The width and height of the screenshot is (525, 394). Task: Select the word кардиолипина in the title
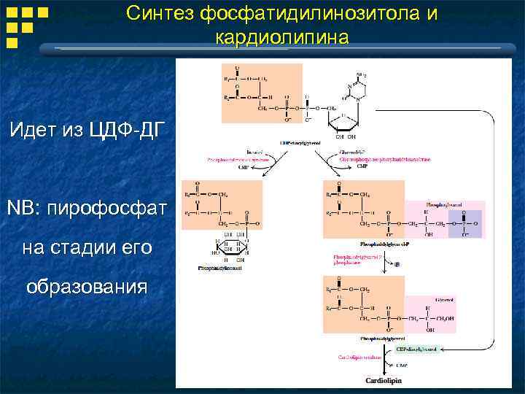coord(282,36)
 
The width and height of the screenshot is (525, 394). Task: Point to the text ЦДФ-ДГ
coord(120,130)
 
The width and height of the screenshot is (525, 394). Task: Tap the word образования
coord(87,285)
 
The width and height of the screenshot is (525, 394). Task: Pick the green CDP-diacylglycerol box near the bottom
coord(418,349)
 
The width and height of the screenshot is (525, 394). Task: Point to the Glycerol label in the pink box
coord(444,300)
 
